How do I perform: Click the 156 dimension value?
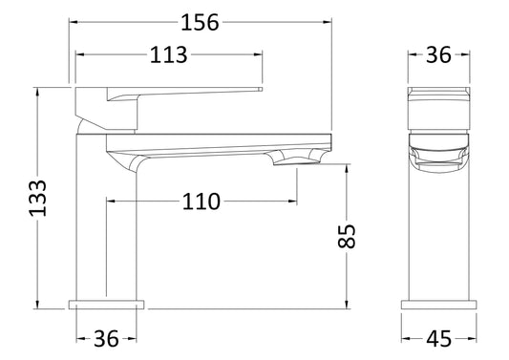200,22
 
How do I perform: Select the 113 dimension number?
169,55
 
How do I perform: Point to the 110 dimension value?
201,201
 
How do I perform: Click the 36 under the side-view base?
107,339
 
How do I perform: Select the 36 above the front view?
438,55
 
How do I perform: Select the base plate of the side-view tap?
107,305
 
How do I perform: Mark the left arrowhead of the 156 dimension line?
72,22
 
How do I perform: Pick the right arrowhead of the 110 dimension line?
291,201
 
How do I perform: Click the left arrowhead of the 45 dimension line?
403,339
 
